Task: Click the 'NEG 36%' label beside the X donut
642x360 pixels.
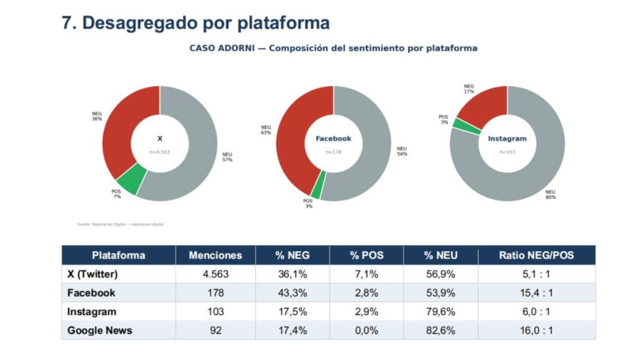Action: point(97,116)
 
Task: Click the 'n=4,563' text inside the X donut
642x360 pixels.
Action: point(159,152)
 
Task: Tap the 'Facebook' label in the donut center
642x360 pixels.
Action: point(333,138)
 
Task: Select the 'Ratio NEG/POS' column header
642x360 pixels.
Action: point(536,255)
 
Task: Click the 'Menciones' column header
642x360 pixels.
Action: point(215,255)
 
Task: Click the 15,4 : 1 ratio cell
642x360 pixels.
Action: point(536,293)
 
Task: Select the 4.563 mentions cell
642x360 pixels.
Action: point(215,274)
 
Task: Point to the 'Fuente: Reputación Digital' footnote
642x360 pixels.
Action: point(120,224)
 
